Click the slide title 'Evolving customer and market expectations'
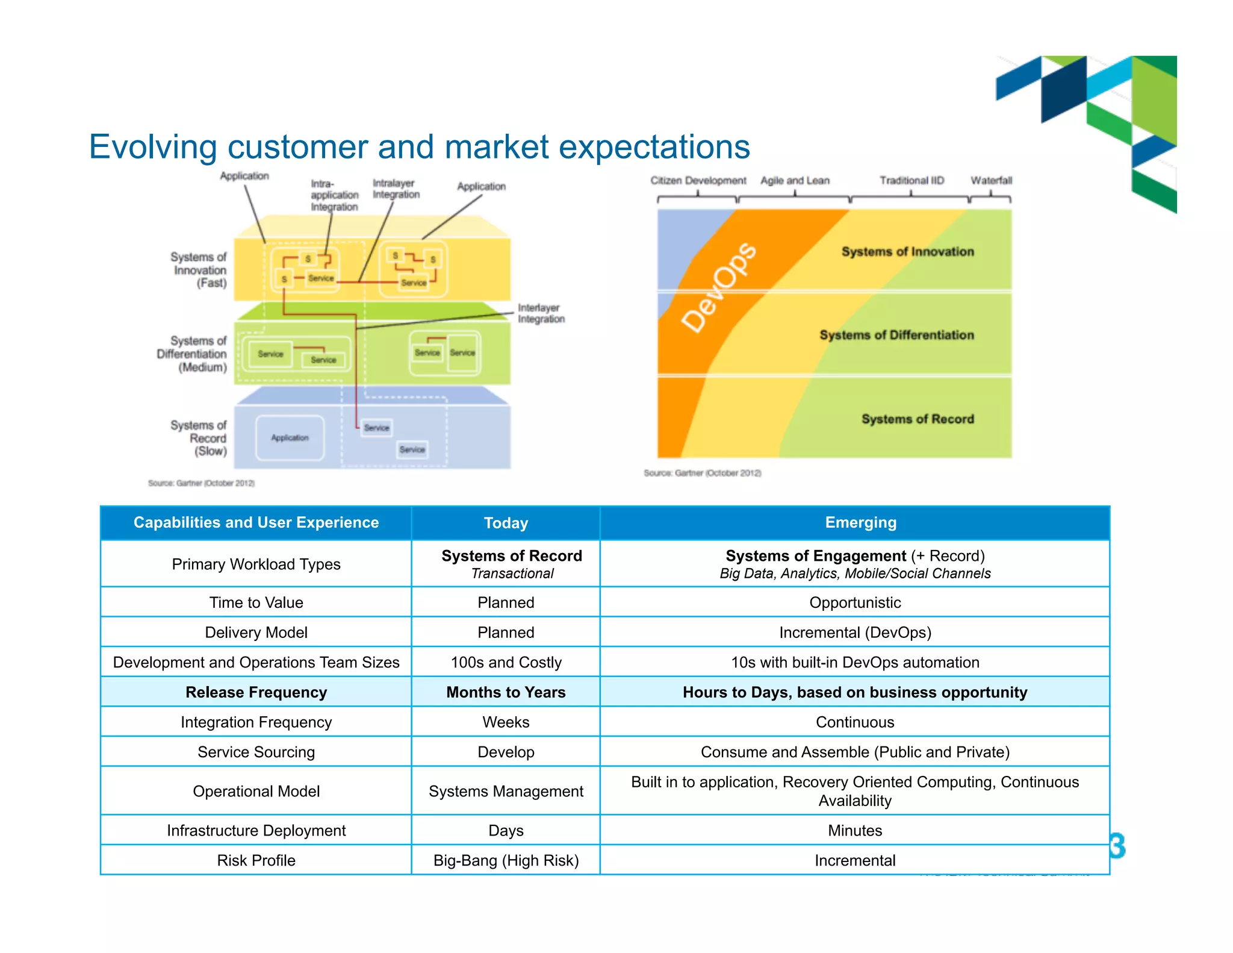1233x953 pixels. pos(419,146)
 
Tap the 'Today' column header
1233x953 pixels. pos(506,523)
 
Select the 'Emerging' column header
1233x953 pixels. pos(860,522)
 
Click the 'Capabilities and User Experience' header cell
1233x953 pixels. pos(256,522)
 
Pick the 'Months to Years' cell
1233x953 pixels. pos(506,692)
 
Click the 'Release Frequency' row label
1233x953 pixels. pos(256,692)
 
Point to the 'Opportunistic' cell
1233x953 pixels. pos(855,602)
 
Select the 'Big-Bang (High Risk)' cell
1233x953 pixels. pos(506,860)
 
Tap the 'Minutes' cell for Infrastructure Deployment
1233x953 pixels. pos(855,830)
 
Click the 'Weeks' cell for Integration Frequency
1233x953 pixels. pos(506,722)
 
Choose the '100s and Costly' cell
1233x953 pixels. pos(506,662)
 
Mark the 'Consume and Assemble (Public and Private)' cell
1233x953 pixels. pos(855,752)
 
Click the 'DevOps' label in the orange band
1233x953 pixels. pos(719,287)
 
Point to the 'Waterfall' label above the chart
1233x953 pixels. pos(991,180)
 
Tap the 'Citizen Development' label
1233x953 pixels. pos(698,180)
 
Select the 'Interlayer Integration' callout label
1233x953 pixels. pos(541,313)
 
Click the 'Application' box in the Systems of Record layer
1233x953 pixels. pos(290,438)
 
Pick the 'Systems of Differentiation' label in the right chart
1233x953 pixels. pos(896,335)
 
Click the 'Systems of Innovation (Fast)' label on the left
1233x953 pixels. pos(199,270)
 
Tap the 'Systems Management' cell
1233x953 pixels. pos(506,791)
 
